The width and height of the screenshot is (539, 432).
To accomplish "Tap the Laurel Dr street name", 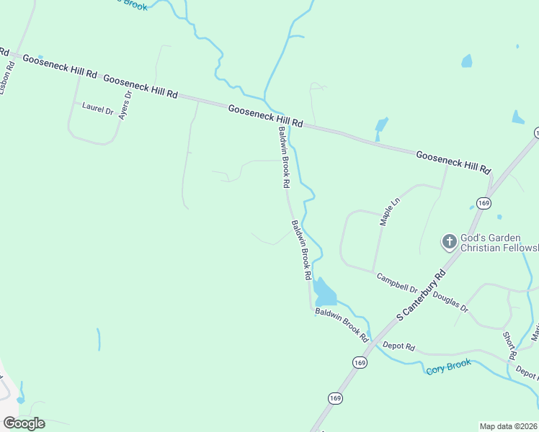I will click(98, 109).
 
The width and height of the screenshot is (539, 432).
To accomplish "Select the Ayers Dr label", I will click(125, 104).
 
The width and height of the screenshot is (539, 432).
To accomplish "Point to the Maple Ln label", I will click(390, 212).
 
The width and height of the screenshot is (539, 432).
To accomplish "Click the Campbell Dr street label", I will click(396, 282).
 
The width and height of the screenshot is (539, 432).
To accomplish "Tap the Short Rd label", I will click(509, 346).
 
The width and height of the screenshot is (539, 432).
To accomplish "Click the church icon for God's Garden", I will click(450, 241).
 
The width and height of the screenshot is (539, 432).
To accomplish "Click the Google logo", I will click(24, 423).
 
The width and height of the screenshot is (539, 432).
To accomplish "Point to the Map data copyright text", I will click(508, 426).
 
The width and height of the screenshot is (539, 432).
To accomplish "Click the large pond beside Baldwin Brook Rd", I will click(324, 292).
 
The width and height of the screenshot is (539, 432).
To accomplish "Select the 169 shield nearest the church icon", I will click(484, 204).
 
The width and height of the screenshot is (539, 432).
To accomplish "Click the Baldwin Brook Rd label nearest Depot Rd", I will click(342, 325).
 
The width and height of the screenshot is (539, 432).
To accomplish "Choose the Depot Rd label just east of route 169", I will click(399, 346).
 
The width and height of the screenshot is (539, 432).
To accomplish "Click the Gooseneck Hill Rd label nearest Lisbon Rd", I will click(60, 66).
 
